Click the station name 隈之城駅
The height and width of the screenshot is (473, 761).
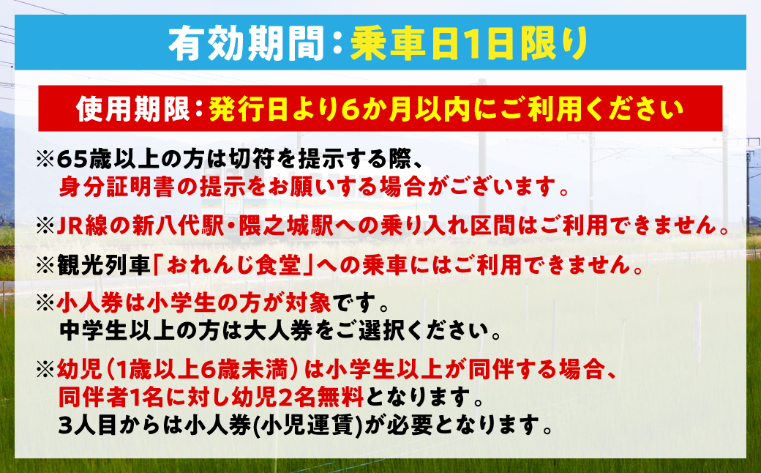(282, 228)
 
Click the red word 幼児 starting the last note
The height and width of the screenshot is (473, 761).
(73, 370)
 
